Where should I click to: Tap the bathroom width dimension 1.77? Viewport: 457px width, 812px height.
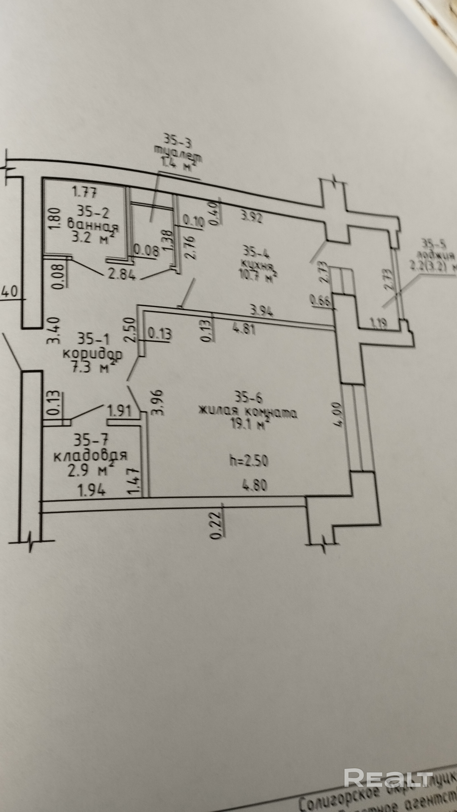[x=84, y=192]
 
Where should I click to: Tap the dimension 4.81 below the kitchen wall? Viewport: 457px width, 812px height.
[x=243, y=330]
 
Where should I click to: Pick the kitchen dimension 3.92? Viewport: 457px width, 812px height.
[x=251, y=218]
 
